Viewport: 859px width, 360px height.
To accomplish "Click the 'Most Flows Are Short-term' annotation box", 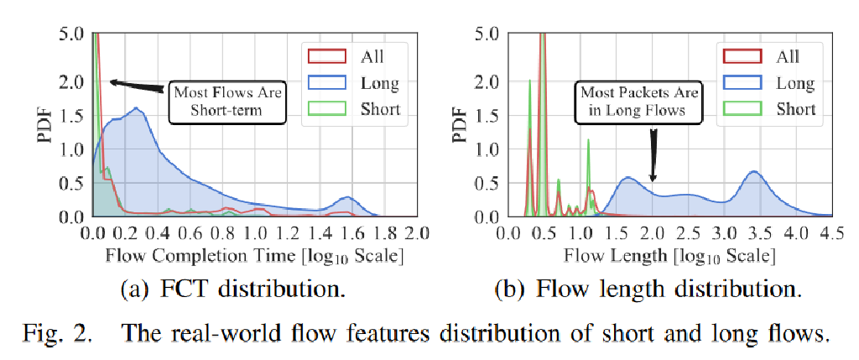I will click(227, 99).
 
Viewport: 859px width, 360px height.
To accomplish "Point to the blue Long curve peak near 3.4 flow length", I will click(753, 172).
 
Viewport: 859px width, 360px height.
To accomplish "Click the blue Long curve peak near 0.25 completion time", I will click(136, 108).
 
